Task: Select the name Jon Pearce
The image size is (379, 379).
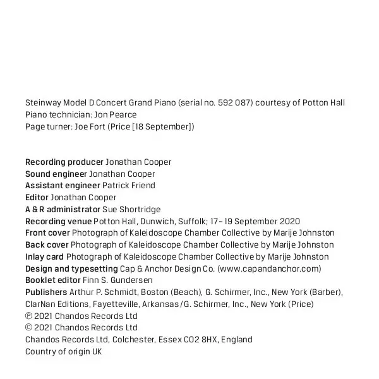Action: (x=115, y=115)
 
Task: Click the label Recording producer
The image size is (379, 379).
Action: (x=64, y=162)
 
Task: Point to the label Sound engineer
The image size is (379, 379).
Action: (x=56, y=174)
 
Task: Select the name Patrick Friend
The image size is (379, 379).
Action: (x=129, y=186)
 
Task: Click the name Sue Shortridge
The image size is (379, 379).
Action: (x=131, y=209)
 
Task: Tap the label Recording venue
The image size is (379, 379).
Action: (x=58, y=221)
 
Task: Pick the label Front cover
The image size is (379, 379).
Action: (x=48, y=233)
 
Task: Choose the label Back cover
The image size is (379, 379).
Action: (x=47, y=244)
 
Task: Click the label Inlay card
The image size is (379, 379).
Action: (x=44, y=256)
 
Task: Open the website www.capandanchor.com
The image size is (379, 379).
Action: (x=268, y=268)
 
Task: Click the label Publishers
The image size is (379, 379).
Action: (x=46, y=292)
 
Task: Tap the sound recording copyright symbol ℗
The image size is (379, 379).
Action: (x=28, y=316)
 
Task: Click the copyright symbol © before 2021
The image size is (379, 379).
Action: (x=28, y=328)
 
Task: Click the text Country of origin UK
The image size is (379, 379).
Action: (x=63, y=352)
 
